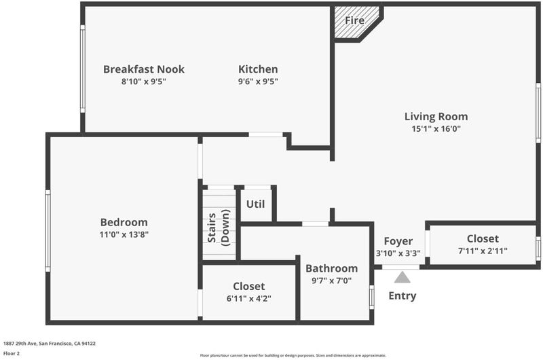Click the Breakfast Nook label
(x=144, y=69)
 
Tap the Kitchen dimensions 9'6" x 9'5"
(x=258, y=82)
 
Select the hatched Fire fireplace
(x=357, y=23)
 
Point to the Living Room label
(x=436, y=116)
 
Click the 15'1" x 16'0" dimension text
(x=436, y=129)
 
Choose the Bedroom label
(x=124, y=222)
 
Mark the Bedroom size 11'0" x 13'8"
(x=124, y=234)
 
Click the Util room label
(x=256, y=204)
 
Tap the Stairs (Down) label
(x=219, y=228)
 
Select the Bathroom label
(x=331, y=268)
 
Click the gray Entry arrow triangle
(x=402, y=277)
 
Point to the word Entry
(x=402, y=296)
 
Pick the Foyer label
(x=398, y=241)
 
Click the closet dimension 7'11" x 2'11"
(x=483, y=251)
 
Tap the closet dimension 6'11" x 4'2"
(x=248, y=298)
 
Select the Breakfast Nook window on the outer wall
(x=83, y=69)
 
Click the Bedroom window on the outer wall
(x=48, y=230)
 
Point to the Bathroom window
(x=371, y=298)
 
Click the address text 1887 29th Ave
(x=20, y=344)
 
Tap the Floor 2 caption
(x=12, y=353)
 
